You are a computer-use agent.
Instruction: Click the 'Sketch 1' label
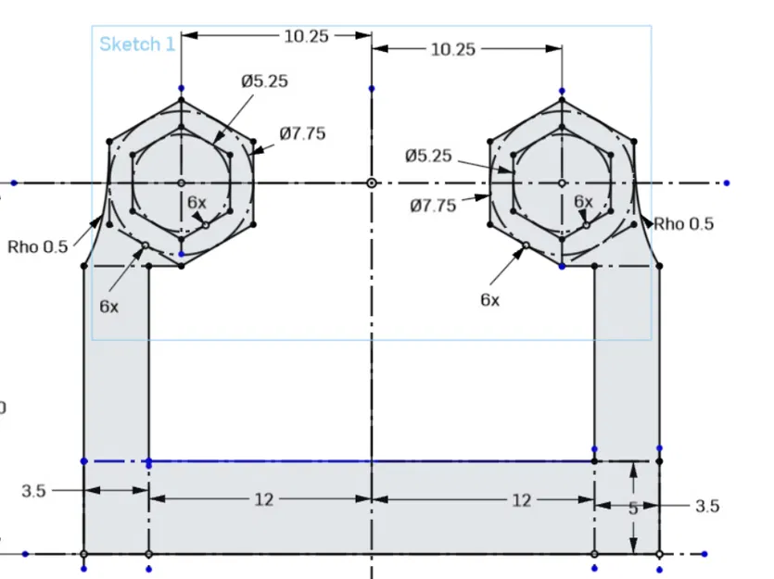[136, 44]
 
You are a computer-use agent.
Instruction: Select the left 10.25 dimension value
[307, 35]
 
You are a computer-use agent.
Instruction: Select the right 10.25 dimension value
[452, 49]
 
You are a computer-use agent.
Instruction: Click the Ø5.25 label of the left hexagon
[265, 81]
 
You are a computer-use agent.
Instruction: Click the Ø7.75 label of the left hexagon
[302, 133]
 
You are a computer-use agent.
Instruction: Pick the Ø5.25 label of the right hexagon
[428, 156]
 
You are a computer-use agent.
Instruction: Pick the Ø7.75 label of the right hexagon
[433, 206]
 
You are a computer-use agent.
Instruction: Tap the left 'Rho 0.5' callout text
[37, 246]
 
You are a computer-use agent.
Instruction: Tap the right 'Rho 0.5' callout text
[683, 224]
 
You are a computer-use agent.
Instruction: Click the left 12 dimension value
[264, 500]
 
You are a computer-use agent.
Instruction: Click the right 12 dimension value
[522, 500]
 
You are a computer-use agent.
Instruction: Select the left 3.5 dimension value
[33, 491]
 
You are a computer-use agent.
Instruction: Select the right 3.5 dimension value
[706, 506]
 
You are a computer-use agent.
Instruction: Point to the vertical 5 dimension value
[633, 508]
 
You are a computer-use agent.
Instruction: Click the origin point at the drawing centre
[371, 183]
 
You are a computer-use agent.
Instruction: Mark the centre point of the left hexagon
[181, 183]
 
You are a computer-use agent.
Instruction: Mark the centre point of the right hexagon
[562, 183]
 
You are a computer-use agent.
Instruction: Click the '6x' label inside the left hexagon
[197, 202]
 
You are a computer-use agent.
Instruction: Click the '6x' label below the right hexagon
[489, 299]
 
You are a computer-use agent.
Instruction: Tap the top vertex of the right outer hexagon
[562, 98]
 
